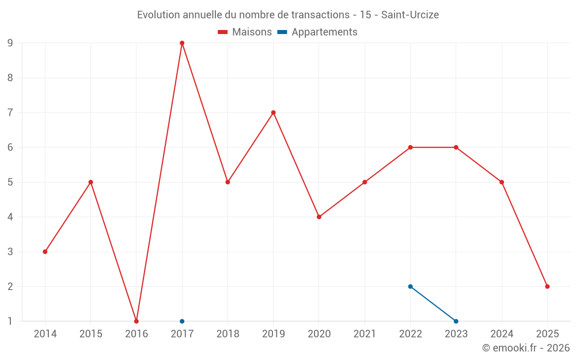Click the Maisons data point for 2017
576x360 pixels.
tap(182, 43)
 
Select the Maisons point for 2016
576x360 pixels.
tap(137, 321)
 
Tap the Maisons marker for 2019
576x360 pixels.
tap(273, 112)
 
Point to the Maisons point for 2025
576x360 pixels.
tap(547, 286)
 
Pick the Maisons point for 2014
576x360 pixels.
tap(45, 252)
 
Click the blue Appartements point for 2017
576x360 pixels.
tap(182, 321)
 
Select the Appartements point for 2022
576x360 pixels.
tap(410, 286)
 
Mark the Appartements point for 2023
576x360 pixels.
tap(456, 321)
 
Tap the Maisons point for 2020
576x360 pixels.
tap(319, 217)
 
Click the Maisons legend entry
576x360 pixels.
tap(245, 32)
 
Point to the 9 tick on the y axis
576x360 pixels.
tap(10, 43)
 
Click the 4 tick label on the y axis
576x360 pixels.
tap(10, 217)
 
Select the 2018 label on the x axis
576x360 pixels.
tap(228, 334)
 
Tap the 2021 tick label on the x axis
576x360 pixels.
tap(365, 334)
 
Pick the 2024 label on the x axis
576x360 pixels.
tap(502, 334)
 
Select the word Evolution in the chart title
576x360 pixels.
tap(158, 15)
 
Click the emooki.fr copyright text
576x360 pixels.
tap(526, 348)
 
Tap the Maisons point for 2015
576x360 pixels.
tap(90, 182)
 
